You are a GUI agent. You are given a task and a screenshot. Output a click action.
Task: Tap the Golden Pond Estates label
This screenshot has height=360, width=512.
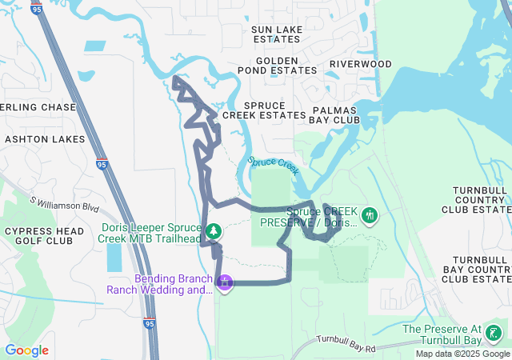tap(288, 66)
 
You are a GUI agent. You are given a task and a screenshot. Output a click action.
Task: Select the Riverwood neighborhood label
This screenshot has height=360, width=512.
tap(361, 64)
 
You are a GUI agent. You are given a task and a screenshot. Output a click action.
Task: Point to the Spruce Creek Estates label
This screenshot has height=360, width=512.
tap(264, 110)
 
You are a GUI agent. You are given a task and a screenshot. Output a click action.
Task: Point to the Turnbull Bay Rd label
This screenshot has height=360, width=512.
tap(346, 344)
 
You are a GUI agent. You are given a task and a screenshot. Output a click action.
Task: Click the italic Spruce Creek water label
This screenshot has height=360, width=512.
tap(274, 165)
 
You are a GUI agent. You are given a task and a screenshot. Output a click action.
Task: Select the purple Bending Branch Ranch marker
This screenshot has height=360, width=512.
tap(226, 282)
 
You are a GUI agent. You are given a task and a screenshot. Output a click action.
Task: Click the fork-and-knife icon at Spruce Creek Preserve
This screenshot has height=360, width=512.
tap(370, 215)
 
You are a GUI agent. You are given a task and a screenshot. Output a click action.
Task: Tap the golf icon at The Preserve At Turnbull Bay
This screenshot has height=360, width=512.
tap(494, 333)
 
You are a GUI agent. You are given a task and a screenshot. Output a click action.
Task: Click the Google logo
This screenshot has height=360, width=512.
tap(26, 350)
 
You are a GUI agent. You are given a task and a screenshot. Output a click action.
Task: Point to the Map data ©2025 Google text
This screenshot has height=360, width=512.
tap(462, 354)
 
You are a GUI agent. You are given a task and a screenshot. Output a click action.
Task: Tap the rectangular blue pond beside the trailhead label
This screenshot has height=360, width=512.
tap(114, 256)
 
